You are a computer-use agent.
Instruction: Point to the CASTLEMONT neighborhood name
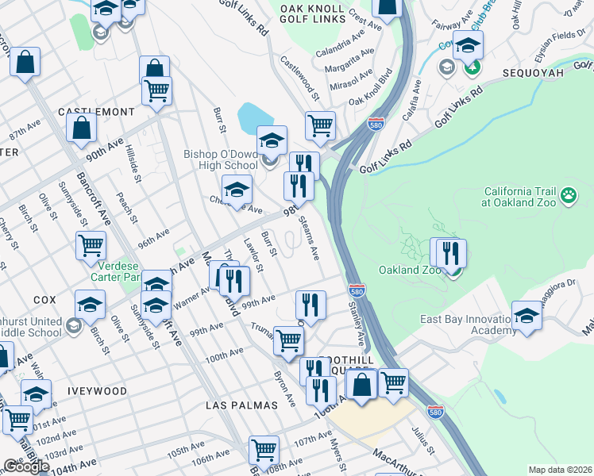pos(96,112)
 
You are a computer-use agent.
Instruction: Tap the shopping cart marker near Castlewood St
pos(320,125)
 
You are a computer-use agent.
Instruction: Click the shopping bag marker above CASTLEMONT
pos(82,127)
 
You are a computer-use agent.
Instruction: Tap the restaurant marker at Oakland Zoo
pos(450,254)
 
